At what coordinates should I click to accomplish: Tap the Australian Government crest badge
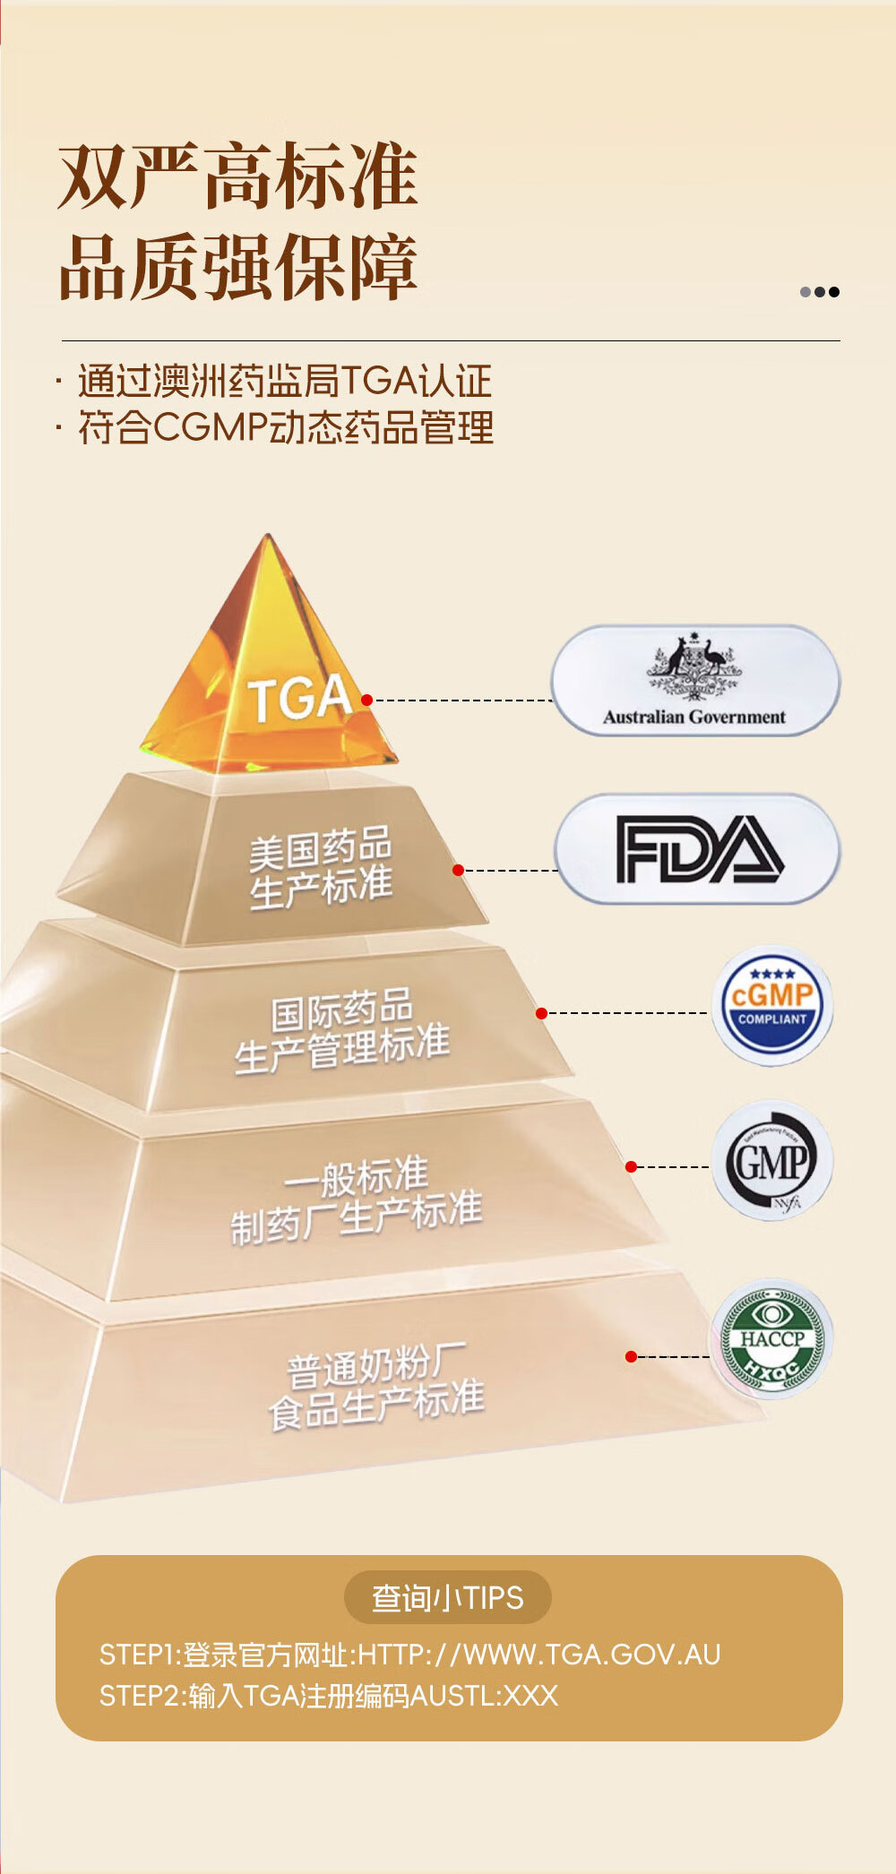pos(695,681)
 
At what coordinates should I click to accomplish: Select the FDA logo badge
pos(697,848)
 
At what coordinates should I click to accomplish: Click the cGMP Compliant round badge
pos(772,1005)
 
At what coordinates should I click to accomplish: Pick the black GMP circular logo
pos(772,1161)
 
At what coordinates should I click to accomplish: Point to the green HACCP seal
pos(772,1339)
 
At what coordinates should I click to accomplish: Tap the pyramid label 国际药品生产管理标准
pos(341,1029)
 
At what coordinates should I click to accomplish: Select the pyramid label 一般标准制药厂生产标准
pos(356,1200)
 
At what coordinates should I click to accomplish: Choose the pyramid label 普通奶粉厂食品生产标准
pos(376,1385)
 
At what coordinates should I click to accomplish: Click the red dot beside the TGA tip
pos(366,700)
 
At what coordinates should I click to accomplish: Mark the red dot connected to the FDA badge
pos(458,870)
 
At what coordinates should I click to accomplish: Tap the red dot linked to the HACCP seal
pos(631,1357)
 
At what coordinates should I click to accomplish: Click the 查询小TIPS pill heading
pos(448,1597)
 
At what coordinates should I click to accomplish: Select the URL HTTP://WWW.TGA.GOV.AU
pos(538,1654)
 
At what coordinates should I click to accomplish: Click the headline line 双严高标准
pos(238,176)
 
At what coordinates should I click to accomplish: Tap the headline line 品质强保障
pos(238,267)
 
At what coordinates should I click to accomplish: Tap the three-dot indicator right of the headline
pos(820,291)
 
